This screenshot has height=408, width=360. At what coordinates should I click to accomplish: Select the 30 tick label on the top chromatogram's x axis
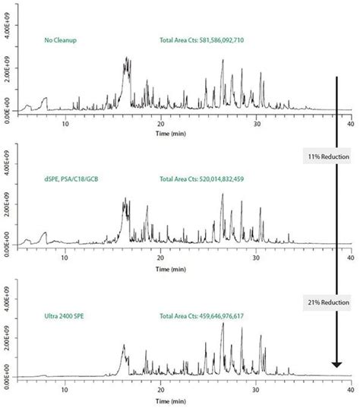click(x=257, y=124)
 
